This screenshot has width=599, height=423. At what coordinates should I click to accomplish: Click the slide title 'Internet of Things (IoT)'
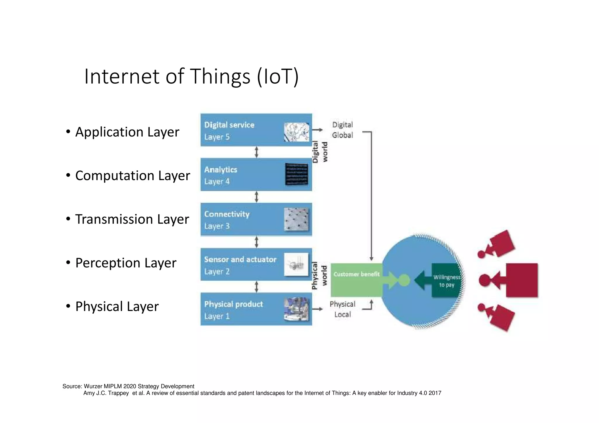click(x=192, y=77)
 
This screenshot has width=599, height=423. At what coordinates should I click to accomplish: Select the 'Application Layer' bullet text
click(x=127, y=132)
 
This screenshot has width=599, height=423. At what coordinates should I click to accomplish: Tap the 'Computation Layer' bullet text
click(x=132, y=176)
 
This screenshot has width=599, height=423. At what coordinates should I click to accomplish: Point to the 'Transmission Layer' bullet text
click(x=132, y=219)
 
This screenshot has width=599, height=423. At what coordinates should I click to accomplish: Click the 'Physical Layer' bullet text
click(x=117, y=307)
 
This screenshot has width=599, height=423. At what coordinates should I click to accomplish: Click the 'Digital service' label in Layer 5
click(x=229, y=125)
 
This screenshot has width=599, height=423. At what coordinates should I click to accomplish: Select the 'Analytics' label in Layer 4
click(x=221, y=170)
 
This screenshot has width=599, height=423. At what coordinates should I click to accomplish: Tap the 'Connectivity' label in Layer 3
click(x=227, y=214)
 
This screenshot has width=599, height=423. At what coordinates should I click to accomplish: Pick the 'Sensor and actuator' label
click(x=240, y=259)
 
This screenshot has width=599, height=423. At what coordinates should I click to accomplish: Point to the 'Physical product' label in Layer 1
click(x=233, y=304)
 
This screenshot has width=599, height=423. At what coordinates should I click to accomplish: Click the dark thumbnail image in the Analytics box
click(x=296, y=174)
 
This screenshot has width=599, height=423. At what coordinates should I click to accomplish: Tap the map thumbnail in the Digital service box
click(x=296, y=132)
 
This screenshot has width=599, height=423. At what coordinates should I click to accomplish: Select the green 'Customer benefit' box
click(x=356, y=280)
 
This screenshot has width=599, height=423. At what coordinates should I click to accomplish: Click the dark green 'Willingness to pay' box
click(x=446, y=281)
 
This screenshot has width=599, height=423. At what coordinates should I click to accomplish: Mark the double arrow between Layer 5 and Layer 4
click(x=257, y=152)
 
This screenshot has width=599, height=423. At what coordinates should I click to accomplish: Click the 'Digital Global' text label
click(x=342, y=130)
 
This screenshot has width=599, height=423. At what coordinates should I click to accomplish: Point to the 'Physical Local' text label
click(x=342, y=309)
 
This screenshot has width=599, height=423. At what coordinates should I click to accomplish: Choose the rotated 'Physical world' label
click(x=319, y=275)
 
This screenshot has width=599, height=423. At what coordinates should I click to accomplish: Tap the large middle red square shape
click(x=521, y=280)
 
